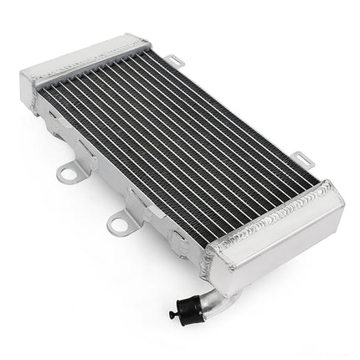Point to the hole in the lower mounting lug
117,224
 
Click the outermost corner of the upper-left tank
20,75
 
